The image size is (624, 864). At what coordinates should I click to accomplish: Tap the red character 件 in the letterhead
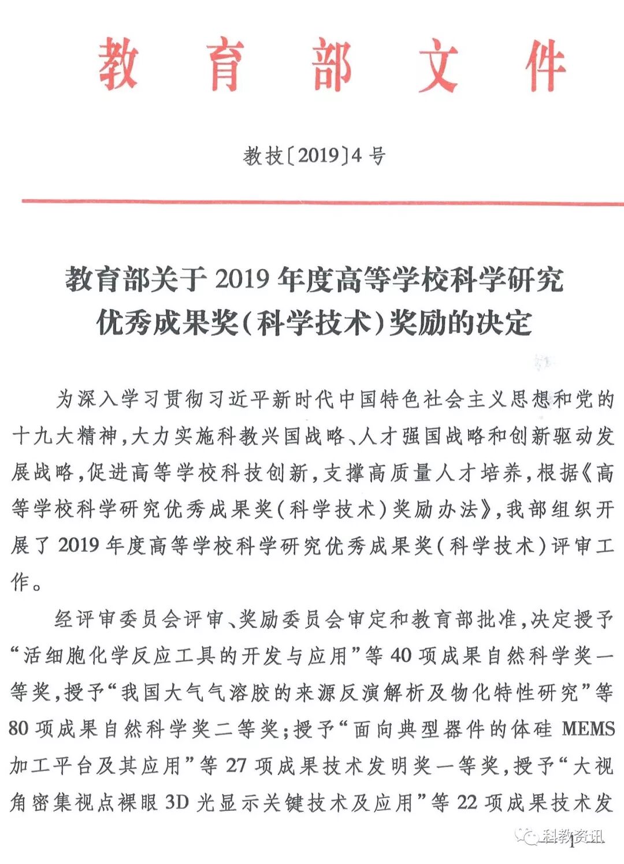coord(545,65)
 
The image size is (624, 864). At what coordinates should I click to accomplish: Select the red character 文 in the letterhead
coord(438,65)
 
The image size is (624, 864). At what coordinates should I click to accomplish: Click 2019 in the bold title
coord(243,280)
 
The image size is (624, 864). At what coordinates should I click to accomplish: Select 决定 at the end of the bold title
coord(503,323)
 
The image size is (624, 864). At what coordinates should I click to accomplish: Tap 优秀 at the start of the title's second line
coord(124,323)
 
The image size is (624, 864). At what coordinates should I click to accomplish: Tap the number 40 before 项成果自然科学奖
coord(401,656)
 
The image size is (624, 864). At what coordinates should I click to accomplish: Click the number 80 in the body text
coord(18,729)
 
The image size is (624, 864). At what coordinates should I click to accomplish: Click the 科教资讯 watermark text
coord(571,836)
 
